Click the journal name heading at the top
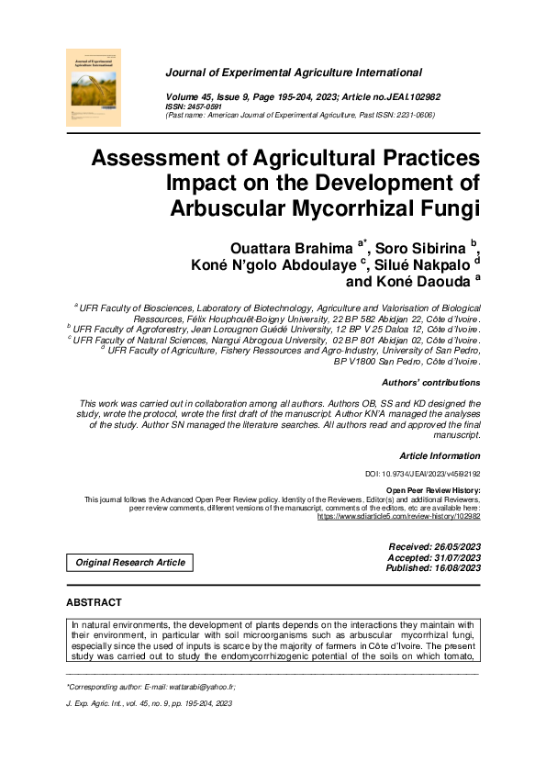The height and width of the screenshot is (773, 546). click(294, 72)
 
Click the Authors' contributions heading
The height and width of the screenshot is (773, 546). click(429, 382)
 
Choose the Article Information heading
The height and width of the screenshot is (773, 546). click(440, 455)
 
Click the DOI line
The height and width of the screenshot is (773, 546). click(423, 474)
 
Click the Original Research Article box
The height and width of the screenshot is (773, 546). click(130, 562)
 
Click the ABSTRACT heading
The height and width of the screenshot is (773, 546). click(94, 602)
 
